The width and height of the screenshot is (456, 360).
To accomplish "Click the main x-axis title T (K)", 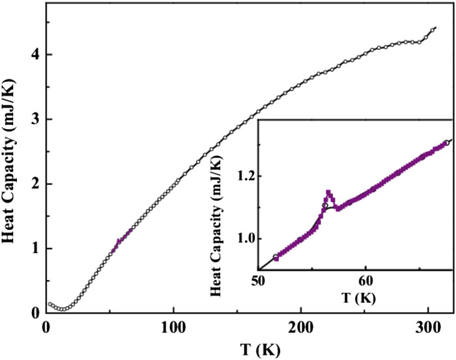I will tap(249, 349).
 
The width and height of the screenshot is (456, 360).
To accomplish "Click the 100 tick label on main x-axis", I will tap(173, 327).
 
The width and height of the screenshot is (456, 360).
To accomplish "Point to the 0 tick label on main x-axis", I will tap(46, 327).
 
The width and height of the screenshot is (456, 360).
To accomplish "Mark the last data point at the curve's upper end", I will tap(435, 29).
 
